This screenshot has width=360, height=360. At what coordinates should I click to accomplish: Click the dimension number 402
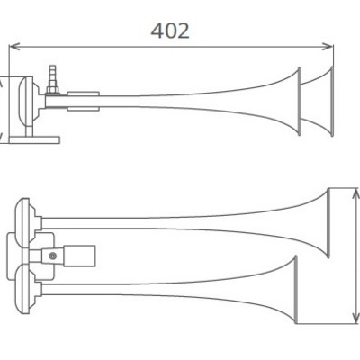(x=170, y=31)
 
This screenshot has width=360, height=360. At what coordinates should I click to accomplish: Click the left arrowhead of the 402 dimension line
(x=14, y=47)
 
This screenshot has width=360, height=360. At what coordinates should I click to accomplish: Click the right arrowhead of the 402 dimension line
(x=328, y=47)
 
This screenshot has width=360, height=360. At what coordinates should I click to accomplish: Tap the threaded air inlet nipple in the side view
(x=53, y=75)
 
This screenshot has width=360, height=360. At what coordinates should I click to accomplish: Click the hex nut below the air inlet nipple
(x=52, y=90)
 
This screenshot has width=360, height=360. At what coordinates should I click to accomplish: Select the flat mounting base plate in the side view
(x=34, y=140)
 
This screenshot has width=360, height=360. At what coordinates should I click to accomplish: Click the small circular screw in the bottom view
(x=53, y=256)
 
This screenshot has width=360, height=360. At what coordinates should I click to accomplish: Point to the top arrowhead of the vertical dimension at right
(x=355, y=194)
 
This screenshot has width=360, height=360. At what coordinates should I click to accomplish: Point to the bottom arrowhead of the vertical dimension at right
(x=355, y=318)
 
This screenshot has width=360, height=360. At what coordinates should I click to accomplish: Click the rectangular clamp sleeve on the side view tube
(x=83, y=102)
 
